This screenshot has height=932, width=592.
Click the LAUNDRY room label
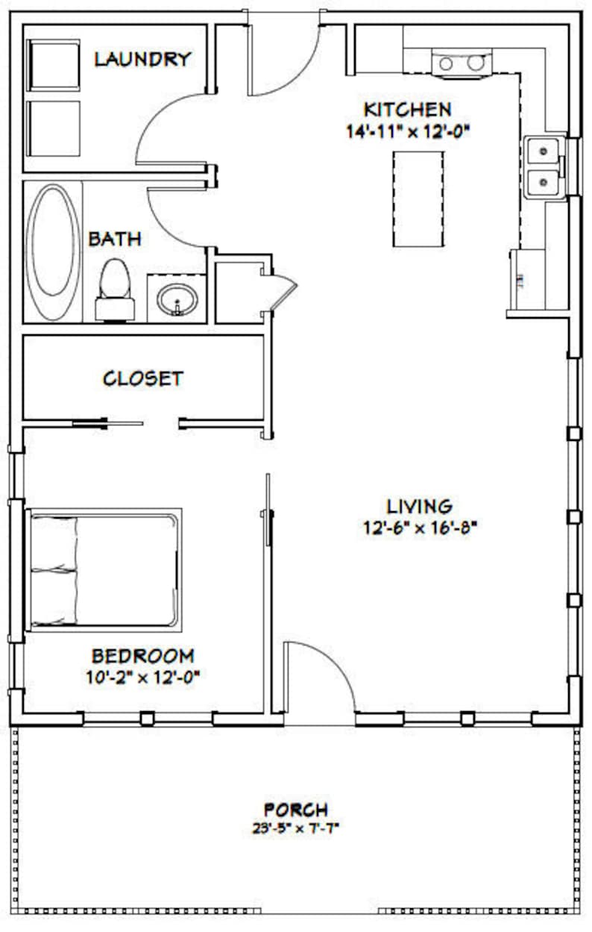(142, 59)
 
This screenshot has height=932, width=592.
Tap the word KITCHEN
(406, 109)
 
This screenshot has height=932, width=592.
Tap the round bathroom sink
(177, 300)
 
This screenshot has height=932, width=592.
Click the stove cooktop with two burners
(461, 63)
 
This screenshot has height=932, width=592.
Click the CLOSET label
(142, 378)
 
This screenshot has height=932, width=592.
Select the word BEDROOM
(143, 656)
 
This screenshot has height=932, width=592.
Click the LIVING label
(418, 506)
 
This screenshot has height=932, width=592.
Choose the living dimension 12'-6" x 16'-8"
(421, 527)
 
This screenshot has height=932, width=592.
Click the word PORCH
(295, 809)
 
